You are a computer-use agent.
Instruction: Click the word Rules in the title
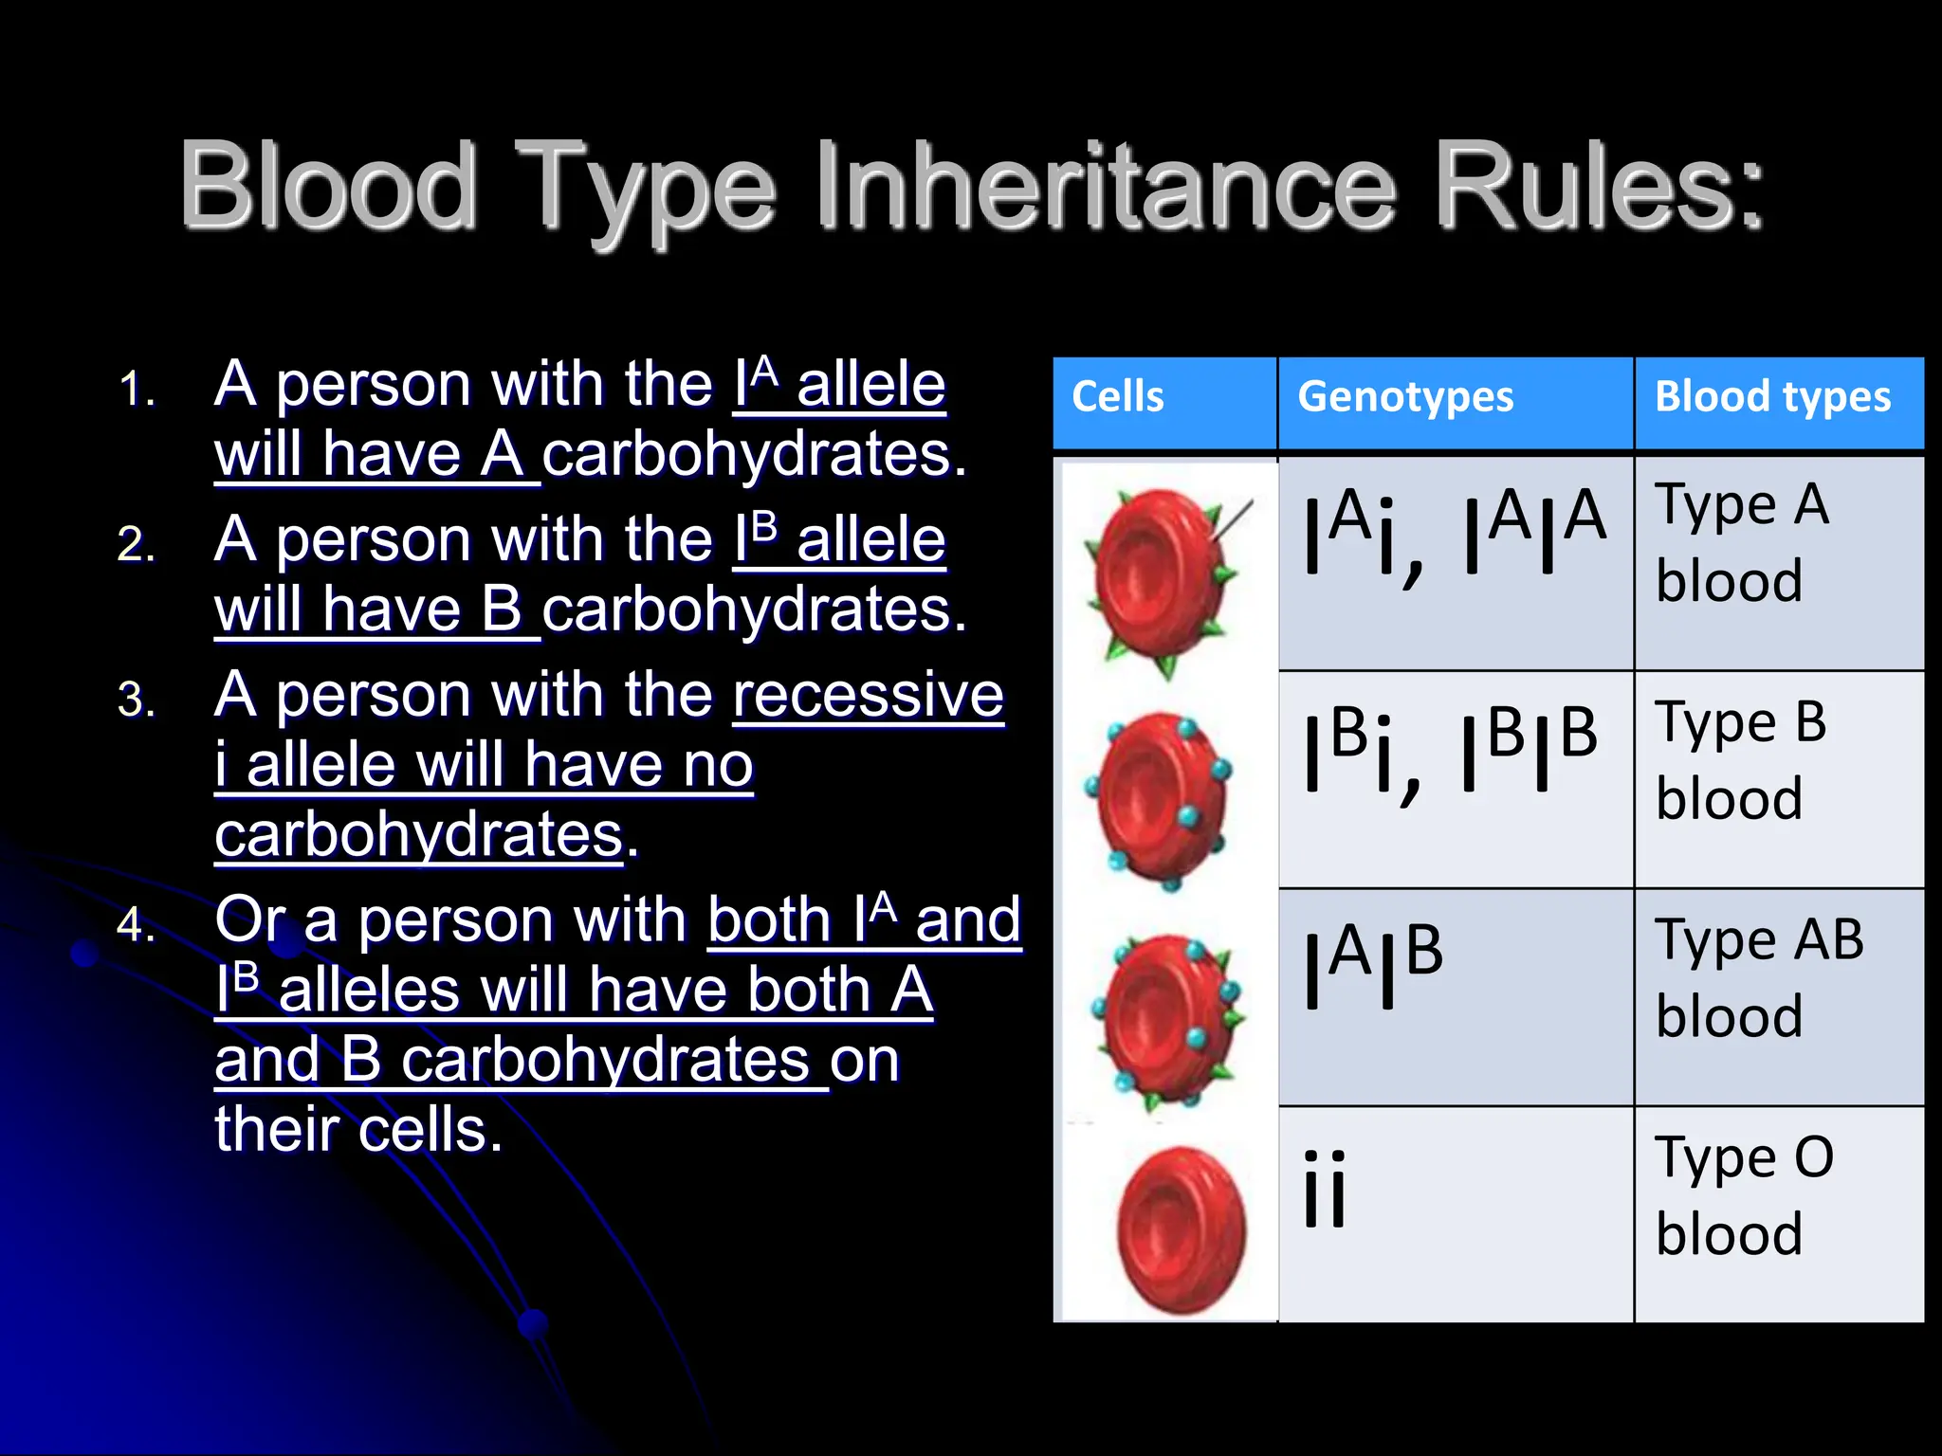(x=1598, y=186)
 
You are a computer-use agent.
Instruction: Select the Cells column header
(x=1117, y=396)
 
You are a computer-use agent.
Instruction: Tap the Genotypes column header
(x=1405, y=396)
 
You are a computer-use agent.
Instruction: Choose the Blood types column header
(x=1772, y=396)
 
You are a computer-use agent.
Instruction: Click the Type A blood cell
(x=1742, y=542)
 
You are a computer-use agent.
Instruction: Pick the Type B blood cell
(x=1741, y=760)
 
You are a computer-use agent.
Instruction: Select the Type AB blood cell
(x=1759, y=978)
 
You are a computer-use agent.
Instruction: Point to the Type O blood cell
(x=1745, y=1196)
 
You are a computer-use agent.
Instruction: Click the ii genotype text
(x=1325, y=1191)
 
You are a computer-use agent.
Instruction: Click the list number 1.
(x=137, y=390)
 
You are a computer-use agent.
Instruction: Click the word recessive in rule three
(x=868, y=695)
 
